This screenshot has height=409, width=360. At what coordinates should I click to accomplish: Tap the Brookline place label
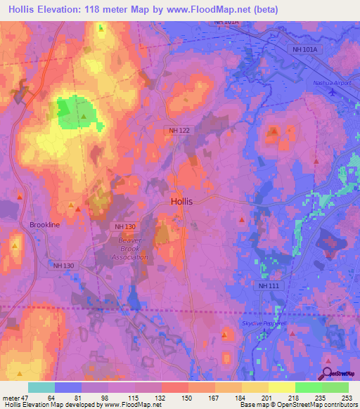[x=45, y=225]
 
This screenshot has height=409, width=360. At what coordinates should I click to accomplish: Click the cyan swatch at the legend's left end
[x=41, y=387]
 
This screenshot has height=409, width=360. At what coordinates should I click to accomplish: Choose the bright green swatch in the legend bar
[x=308, y=387]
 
